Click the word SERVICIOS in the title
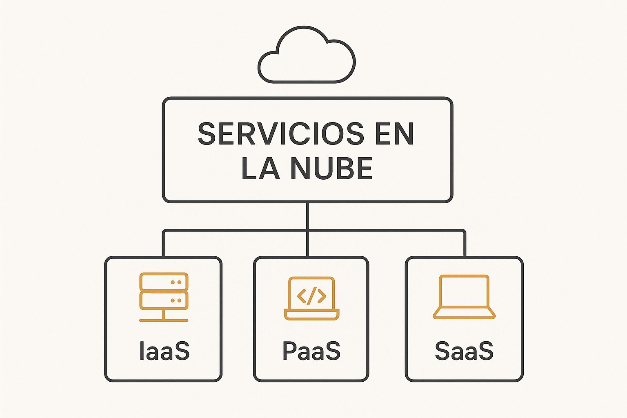(281, 134)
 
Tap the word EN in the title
(395, 134)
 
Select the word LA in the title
(260, 169)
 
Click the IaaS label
(165, 351)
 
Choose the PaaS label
(311, 351)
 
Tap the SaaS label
(464, 351)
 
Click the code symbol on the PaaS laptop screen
(311, 296)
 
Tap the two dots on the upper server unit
(176, 282)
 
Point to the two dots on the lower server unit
(176, 300)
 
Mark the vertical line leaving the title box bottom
(308, 229)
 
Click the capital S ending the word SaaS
(484, 351)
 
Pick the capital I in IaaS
(142, 351)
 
